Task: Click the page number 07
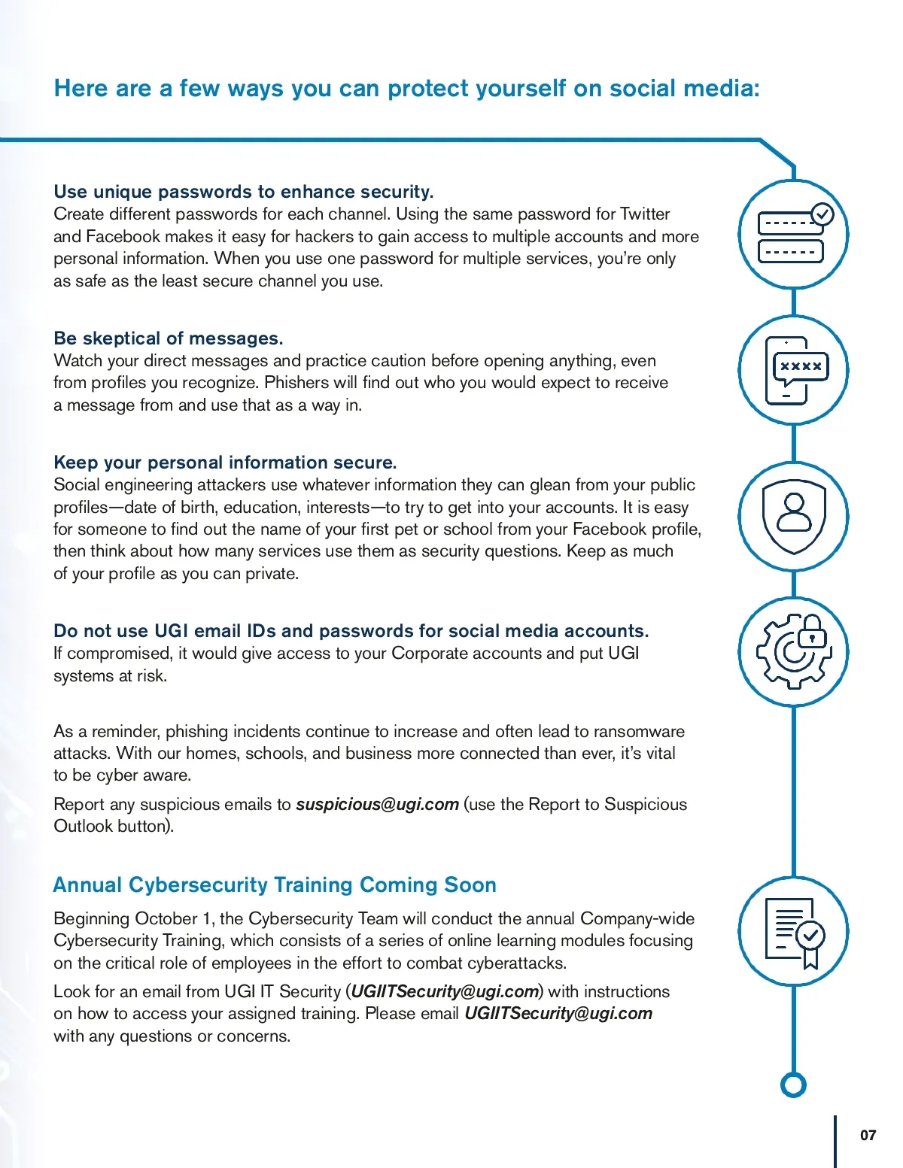(868, 1135)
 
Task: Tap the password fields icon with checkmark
(793, 234)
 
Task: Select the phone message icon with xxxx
(793, 370)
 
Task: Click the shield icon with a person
(793, 517)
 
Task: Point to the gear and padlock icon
(793, 651)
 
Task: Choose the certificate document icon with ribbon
(793, 932)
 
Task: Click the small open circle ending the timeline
(793, 1085)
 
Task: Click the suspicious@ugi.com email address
(377, 804)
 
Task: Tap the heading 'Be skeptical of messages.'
(169, 338)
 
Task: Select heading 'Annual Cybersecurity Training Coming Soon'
(275, 884)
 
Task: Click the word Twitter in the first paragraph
(645, 214)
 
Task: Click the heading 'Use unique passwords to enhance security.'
(244, 192)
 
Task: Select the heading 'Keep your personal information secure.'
(225, 463)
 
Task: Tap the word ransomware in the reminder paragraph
(639, 732)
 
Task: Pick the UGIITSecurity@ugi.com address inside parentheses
(444, 991)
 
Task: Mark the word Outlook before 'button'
(84, 826)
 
